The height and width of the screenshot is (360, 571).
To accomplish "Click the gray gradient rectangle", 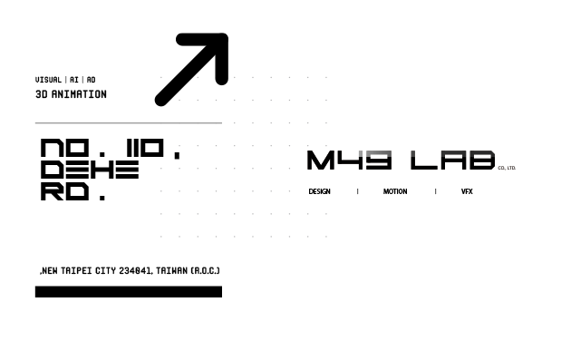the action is pos(430,117).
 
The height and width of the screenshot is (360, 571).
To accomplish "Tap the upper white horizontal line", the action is pos(127,122).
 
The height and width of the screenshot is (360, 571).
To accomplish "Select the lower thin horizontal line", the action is pos(127,287).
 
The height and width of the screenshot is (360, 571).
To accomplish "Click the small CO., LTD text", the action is pos(507,169).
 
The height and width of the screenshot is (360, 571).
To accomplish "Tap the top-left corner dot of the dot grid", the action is pos(161,77).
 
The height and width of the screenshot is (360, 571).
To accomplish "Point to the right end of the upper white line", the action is pos(221,122).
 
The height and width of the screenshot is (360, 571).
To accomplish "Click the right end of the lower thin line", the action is pos(221,287).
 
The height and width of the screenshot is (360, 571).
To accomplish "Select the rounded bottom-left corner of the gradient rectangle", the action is pos(348,153).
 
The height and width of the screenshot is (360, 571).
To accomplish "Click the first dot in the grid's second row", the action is pos(179,100).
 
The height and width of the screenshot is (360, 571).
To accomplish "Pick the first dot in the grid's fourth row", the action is pos(179,145).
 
